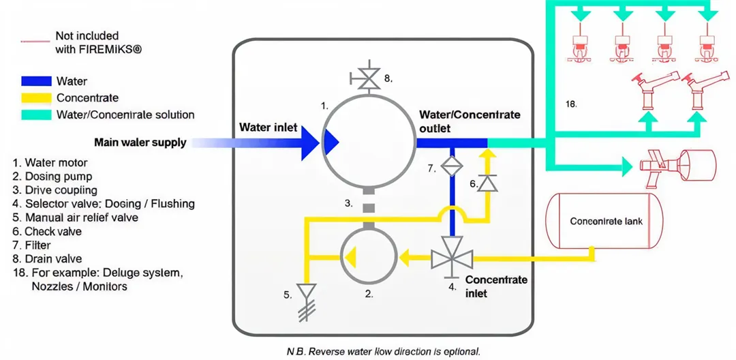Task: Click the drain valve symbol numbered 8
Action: (x=369, y=80)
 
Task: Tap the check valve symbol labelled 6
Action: (x=487, y=183)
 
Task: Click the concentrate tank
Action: (x=605, y=221)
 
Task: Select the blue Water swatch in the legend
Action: (x=36, y=82)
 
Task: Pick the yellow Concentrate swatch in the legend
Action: (x=36, y=98)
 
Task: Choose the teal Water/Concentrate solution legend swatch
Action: (x=36, y=115)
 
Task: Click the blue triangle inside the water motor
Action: (x=331, y=142)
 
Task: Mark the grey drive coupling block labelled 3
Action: (x=369, y=207)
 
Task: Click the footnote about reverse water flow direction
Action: (x=383, y=352)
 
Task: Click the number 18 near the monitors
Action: (x=571, y=104)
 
